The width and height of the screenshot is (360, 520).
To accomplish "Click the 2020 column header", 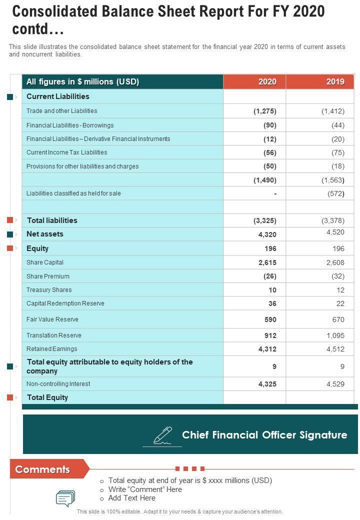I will coord(267,82).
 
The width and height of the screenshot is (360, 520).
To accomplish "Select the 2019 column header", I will coord(335,82).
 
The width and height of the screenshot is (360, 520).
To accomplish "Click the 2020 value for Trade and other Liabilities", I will coord(264,111).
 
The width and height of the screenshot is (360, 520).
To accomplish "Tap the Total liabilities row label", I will coord(52,220).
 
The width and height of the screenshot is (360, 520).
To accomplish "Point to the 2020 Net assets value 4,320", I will coord(267,234).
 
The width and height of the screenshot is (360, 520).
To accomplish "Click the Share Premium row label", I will coord(48,276).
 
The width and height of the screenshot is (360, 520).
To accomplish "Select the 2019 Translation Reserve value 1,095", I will coord(335,335).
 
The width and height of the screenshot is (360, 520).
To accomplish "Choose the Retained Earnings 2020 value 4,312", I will coord(267,349).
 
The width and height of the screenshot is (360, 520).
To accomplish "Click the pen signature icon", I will coord(162,435).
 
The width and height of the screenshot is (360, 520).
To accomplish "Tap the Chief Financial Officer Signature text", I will coord(264,435).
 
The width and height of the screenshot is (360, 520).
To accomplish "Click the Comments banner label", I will coord(42,469).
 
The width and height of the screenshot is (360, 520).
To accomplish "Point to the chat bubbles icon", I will coord(65,498).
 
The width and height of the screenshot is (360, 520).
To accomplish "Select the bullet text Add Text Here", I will coord(132,498).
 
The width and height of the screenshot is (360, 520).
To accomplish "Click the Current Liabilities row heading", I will coord(58,96).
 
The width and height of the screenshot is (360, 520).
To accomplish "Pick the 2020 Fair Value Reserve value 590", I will coord(270,319).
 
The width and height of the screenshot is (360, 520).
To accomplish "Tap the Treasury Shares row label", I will coord(49,290).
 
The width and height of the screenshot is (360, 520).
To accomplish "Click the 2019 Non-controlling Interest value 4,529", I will coord(335,384).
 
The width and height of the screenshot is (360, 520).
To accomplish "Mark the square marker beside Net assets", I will coord(10,234).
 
